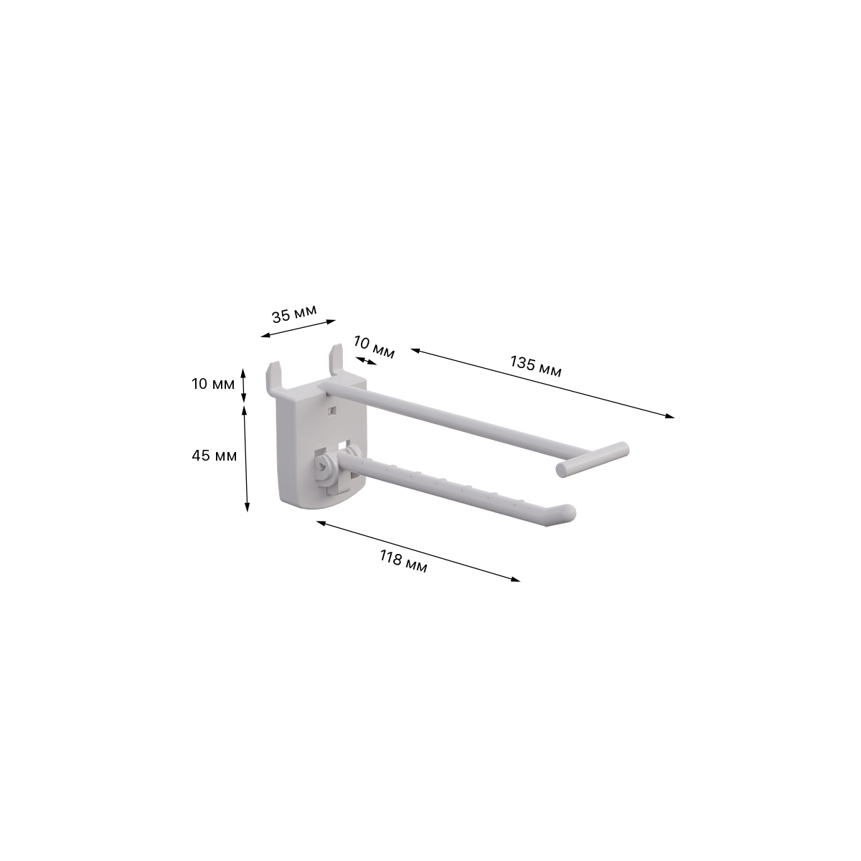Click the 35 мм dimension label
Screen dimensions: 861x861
[x=294, y=314]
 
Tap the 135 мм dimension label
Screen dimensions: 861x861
[x=536, y=367]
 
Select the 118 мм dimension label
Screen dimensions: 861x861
[x=403, y=562]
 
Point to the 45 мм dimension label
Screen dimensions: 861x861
[x=214, y=456]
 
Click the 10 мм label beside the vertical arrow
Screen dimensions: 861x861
[x=213, y=384]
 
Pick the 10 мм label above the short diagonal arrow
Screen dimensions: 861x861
[x=374, y=347]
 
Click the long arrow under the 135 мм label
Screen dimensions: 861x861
[x=542, y=383]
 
